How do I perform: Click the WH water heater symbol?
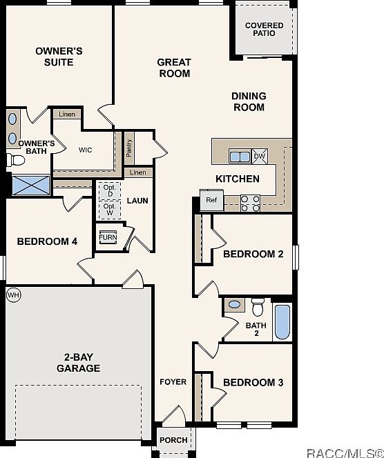pyautogui.click(x=12, y=295)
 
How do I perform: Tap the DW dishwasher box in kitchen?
pyautogui.click(x=260, y=157)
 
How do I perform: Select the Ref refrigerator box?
pyautogui.click(x=211, y=201)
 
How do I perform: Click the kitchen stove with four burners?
pyautogui.click(x=250, y=202)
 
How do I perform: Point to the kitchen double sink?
pyautogui.click(x=240, y=157)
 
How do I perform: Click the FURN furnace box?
pyautogui.click(x=108, y=237)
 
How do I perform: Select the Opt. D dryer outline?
pyautogui.click(x=109, y=190)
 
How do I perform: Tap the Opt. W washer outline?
pyautogui.click(x=109, y=209)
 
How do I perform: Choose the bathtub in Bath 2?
pyautogui.click(x=282, y=322)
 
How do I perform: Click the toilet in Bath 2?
pyautogui.click(x=258, y=305)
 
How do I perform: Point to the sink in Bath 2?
pyautogui.click(x=235, y=304)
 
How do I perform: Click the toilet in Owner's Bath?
pyautogui.click(x=15, y=161)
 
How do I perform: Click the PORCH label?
pyautogui.click(x=173, y=440)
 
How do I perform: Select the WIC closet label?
pyautogui.click(x=86, y=150)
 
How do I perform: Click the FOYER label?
pyautogui.click(x=173, y=382)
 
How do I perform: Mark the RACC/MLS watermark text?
pyautogui.click(x=345, y=451)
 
